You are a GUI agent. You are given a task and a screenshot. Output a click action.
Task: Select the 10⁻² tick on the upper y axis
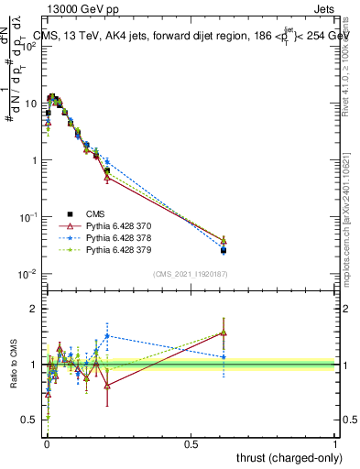click(x=32, y=274)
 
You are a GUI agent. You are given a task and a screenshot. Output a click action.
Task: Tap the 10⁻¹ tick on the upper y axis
click(x=32, y=217)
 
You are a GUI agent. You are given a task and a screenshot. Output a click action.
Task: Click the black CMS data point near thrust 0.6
click(x=224, y=250)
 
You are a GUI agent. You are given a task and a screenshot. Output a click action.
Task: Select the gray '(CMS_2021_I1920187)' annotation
click(x=191, y=274)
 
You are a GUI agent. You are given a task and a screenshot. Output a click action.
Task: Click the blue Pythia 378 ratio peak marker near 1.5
click(x=107, y=335)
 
